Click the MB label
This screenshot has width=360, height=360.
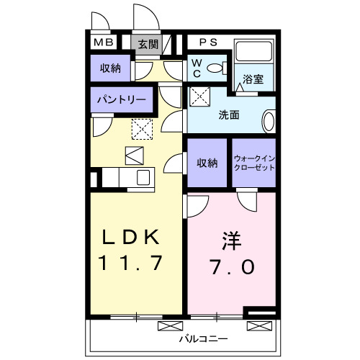point(103,43)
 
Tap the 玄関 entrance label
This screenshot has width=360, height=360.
point(150,44)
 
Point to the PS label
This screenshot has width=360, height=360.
point(208,42)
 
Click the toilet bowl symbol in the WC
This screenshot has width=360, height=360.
point(215,69)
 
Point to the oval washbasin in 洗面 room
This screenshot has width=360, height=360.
point(269,120)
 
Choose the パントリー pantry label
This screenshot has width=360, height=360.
point(121,100)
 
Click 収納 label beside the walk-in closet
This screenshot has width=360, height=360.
point(207,163)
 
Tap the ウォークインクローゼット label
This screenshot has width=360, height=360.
point(254,163)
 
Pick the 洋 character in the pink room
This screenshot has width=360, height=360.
point(232,238)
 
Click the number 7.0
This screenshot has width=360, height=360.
point(232,266)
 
